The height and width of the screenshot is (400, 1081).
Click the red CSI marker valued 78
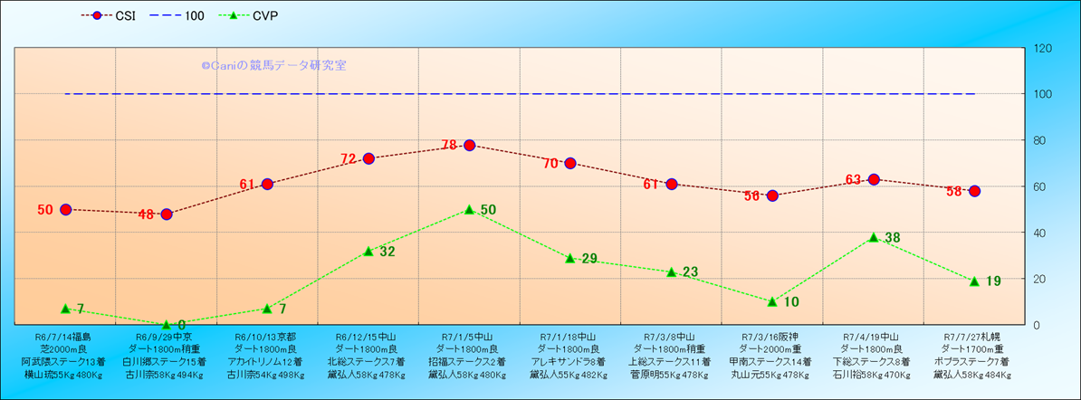[x=469, y=145]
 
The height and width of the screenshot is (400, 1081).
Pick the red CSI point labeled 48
[x=167, y=214]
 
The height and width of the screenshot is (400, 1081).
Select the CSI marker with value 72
[x=368, y=158]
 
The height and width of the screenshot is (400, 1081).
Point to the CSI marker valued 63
[x=874, y=179]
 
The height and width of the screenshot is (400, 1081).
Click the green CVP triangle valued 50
[x=469, y=209]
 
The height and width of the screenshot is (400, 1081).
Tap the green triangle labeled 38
[x=874, y=237]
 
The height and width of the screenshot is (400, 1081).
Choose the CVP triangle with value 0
[x=167, y=324]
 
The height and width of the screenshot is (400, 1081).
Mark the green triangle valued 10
[x=772, y=301]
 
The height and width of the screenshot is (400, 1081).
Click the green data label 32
[x=387, y=252]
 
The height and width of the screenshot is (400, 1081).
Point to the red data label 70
[x=551, y=164]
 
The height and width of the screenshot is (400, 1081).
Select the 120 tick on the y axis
[x=1042, y=48]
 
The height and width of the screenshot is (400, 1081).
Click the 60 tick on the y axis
[x=1039, y=186]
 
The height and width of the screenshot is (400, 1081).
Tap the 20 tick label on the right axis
[x=1039, y=279]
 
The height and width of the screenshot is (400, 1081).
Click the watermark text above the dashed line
[x=273, y=65]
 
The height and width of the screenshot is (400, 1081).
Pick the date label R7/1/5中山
[x=469, y=335]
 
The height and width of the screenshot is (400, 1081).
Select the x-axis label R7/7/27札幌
[x=974, y=335]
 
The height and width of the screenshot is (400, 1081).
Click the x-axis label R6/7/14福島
[x=65, y=335]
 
